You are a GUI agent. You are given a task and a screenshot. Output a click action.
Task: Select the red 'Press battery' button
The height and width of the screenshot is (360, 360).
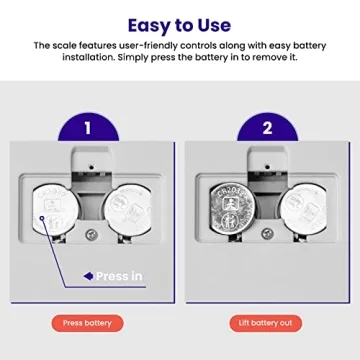coord(88,323)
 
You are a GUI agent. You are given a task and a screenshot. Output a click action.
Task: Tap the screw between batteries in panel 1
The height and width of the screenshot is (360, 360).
coord(91,233)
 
